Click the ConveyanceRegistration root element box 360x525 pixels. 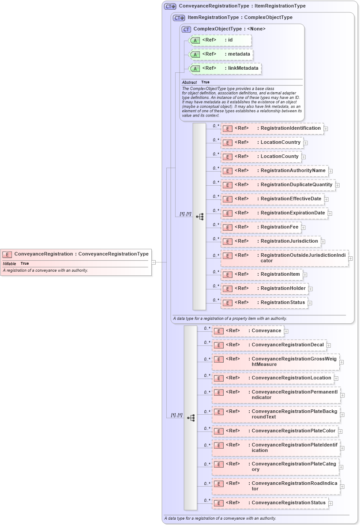point(76,254)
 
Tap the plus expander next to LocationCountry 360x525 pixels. point(305,143)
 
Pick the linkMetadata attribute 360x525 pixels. point(225,68)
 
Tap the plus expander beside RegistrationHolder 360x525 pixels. point(310,289)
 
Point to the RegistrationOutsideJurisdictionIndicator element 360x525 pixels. point(285,258)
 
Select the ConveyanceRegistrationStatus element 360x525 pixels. point(270,503)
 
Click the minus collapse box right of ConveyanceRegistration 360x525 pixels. point(154,262)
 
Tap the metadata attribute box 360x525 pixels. point(221,54)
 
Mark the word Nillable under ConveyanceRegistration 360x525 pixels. point(9,263)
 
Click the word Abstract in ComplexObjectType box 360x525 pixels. point(189,82)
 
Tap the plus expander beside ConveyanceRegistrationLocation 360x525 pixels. point(336,379)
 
